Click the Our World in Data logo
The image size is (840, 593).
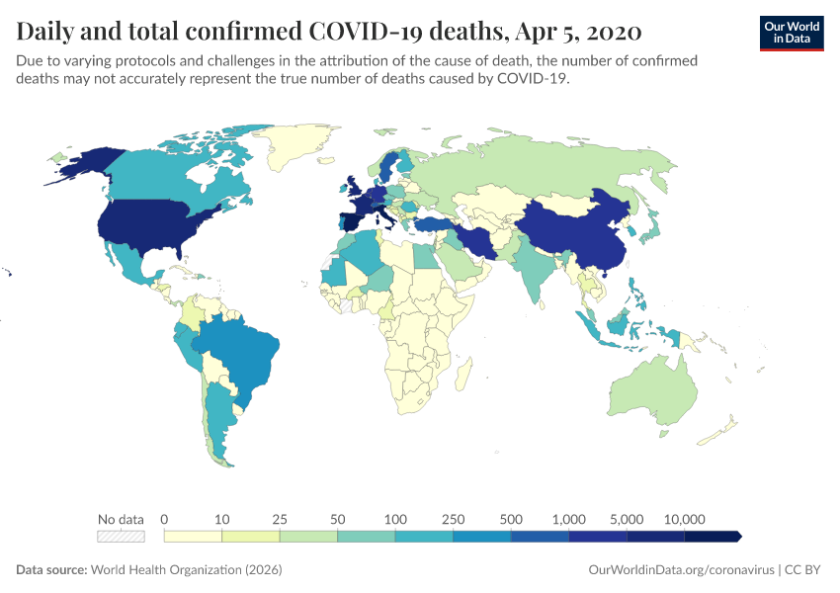click(x=792, y=33)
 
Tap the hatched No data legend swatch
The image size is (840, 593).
click(x=121, y=537)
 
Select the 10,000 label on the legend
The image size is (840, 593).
click(x=684, y=519)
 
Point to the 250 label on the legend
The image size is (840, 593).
click(x=454, y=519)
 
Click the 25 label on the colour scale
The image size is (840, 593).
click(x=280, y=519)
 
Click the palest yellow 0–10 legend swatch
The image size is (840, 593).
click(x=193, y=537)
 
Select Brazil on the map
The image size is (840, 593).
click(x=242, y=356)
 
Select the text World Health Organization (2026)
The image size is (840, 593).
click(x=187, y=570)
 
